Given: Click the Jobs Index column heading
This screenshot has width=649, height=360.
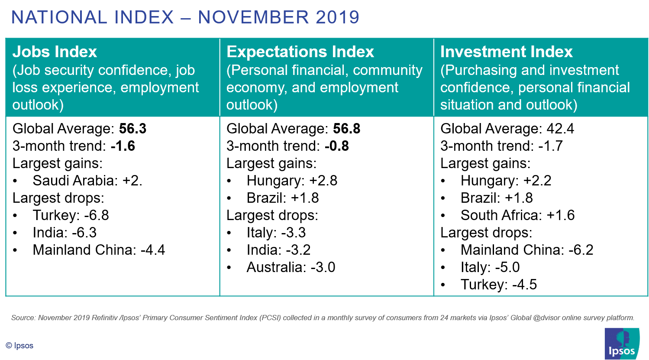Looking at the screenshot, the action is pyautogui.click(x=55, y=52).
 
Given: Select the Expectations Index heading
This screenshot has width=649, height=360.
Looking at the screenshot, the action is pyautogui.click(x=300, y=52).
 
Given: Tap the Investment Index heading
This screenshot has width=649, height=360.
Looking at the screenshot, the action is pyautogui.click(x=507, y=52).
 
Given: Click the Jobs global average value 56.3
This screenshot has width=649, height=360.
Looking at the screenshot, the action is pyautogui.click(x=132, y=128).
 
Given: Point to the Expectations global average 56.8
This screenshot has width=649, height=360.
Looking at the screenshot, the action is pyautogui.click(x=346, y=128).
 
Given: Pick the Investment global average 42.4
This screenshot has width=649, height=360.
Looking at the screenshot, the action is pyautogui.click(x=560, y=128).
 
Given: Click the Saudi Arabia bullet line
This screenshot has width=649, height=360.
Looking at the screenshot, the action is pyautogui.click(x=87, y=181).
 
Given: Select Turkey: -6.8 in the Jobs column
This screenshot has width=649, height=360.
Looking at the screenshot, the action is pyautogui.click(x=71, y=215).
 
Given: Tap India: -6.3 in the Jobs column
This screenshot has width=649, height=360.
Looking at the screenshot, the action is pyautogui.click(x=65, y=233).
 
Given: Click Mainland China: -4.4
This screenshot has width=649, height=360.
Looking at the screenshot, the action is pyautogui.click(x=99, y=250).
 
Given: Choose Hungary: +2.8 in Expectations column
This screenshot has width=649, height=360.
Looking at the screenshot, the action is pyautogui.click(x=292, y=181).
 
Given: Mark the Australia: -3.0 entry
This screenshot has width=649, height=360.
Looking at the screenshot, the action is pyautogui.click(x=291, y=267).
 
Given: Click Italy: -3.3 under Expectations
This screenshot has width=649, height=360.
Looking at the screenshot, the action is pyautogui.click(x=276, y=233).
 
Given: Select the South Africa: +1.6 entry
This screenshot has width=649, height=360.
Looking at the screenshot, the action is pyautogui.click(x=518, y=215).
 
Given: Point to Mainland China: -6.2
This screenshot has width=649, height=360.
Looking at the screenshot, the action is pyautogui.click(x=527, y=250).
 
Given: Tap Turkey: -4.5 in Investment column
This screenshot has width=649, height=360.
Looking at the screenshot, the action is pyautogui.click(x=499, y=285).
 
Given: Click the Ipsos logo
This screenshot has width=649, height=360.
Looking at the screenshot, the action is pyautogui.click(x=622, y=344).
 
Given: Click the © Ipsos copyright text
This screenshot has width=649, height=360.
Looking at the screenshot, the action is pyautogui.click(x=19, y=346).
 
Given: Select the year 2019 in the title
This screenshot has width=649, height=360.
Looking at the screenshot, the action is pyautogui.click(x=338, y=17).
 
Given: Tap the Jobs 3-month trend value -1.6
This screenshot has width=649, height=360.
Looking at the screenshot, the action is pyautogui.click(x=123, y=146).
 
